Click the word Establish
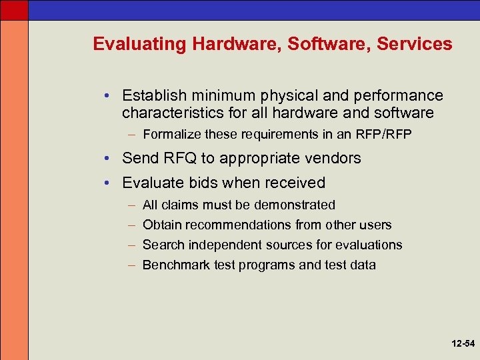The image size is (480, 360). (x=151, y=96)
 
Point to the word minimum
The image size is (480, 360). (x=213, y=96)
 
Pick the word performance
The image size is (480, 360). (x=399, y=96)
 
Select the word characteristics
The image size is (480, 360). (x=167, y=113)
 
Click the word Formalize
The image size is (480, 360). (x=172, y=135)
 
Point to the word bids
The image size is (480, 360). (x=203, y=183)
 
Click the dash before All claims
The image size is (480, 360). (x=131, y=205)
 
